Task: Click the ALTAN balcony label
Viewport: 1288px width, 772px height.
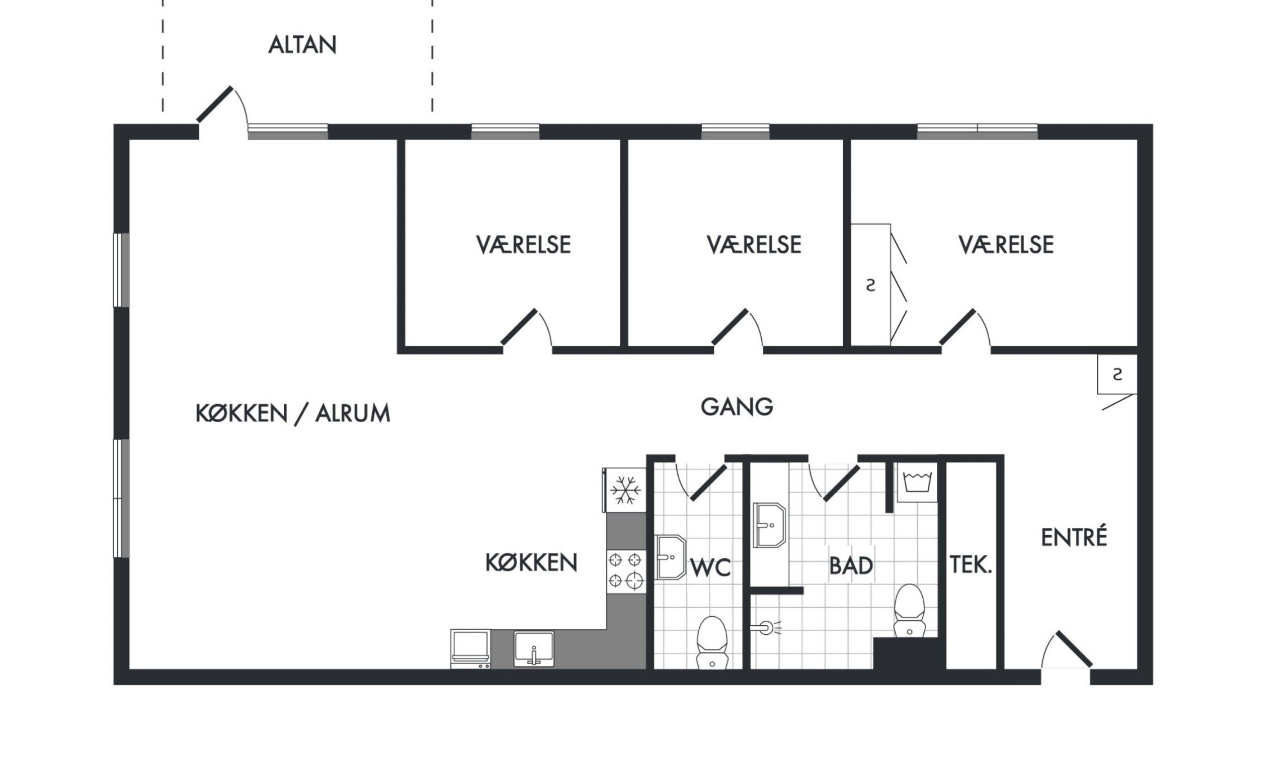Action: (302, 45)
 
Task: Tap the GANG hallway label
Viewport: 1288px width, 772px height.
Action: (737, 407)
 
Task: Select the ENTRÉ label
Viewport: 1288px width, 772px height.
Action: (1074, 537)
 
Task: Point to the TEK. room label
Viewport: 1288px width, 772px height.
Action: (971, 565)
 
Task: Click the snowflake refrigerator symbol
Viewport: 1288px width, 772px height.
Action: (625, 490)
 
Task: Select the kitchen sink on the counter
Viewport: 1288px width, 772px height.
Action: (534, 649)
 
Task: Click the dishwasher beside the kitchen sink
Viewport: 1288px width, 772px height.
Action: (470, 649)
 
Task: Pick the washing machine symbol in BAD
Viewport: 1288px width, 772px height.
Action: (916, 482)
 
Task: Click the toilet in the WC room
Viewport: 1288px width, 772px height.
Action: (712, 643)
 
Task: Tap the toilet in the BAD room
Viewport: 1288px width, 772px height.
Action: (910, 610)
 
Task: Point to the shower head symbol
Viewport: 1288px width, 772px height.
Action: (766, 628)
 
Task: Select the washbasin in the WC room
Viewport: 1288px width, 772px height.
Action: (671, 557)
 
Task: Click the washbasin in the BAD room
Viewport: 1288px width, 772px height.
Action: (769, 525)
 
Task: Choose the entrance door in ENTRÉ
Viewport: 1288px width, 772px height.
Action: (1067, 650)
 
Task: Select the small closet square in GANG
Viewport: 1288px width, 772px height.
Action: (1117, 374)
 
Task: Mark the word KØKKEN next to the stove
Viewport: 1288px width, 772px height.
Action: (531, 562)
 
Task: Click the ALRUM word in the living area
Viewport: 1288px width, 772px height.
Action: (353, 414)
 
